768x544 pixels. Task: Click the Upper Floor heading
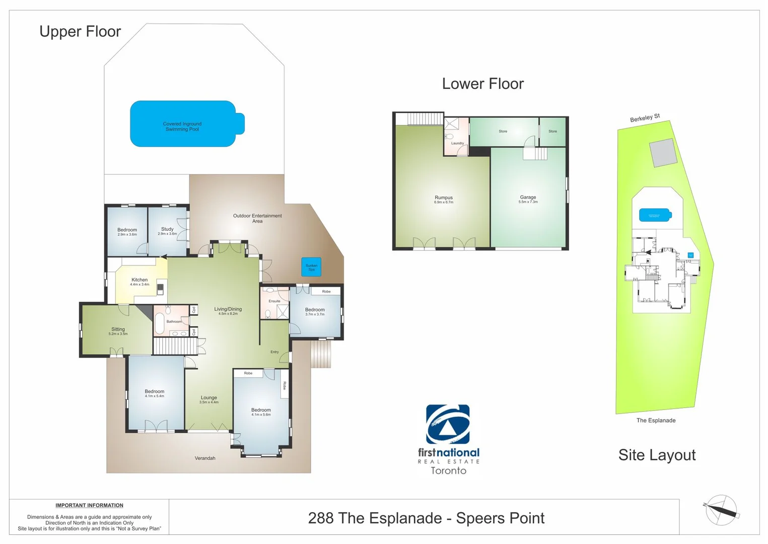point(80,32)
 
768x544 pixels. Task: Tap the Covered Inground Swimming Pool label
point(182,126)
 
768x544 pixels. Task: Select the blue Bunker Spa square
point(311,267)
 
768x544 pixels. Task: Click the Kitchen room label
point(139,280)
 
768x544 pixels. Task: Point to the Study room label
point(167,229)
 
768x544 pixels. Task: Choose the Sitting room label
point(118,329)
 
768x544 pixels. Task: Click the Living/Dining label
point(228,309)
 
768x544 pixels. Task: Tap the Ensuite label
point(274,301)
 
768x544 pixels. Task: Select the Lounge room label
point(208,398)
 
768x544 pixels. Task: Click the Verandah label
point(205,458)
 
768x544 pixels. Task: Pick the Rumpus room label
point(444,198)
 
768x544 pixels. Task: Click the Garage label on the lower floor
point(528,197)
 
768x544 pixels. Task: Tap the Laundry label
point(457,144)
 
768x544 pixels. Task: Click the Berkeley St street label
point(645,118)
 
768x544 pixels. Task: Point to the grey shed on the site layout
point(663,153)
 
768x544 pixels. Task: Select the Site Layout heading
point(657,455)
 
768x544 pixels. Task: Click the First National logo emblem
point(448,424)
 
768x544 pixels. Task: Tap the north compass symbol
point(722,510)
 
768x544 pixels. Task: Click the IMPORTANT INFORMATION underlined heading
point(89,506)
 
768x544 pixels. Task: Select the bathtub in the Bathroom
point(159,323)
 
